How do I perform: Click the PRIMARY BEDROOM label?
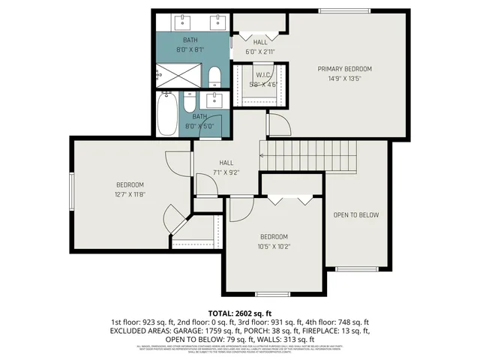coord(344,69)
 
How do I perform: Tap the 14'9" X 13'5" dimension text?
coord(344,78)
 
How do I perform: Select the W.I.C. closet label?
coord(262,75)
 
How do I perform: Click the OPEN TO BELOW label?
coord(356,215)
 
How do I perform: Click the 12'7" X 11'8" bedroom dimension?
coord(129,194)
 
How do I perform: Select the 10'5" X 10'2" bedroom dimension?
coord(274,246)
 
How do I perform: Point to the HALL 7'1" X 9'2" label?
coord(226,167)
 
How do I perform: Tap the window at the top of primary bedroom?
coord(344,10)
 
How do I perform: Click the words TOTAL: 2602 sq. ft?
coord(240,312)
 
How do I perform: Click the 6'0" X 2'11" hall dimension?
coord(260,52)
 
